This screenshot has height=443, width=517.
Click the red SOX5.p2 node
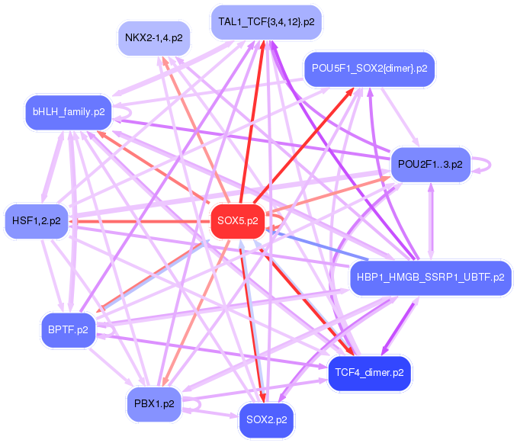tap(236, 222)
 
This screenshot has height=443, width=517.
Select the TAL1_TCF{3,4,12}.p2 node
tap(265, 22)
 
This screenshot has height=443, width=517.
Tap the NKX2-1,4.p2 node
tap(154, 37)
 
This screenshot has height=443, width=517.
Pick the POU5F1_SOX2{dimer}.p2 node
tap(369, 69)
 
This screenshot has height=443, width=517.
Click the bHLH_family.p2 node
tap(69, 111)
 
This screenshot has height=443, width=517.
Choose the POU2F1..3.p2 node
tap(431, 165)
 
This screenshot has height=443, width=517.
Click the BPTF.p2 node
tap(68, 329)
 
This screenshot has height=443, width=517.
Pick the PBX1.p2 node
tap(154, 403)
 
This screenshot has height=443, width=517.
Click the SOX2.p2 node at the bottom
tap(266, 419)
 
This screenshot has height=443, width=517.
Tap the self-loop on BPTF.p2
tap(109, 329)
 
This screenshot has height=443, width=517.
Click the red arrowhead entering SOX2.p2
tap(264, 398)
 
